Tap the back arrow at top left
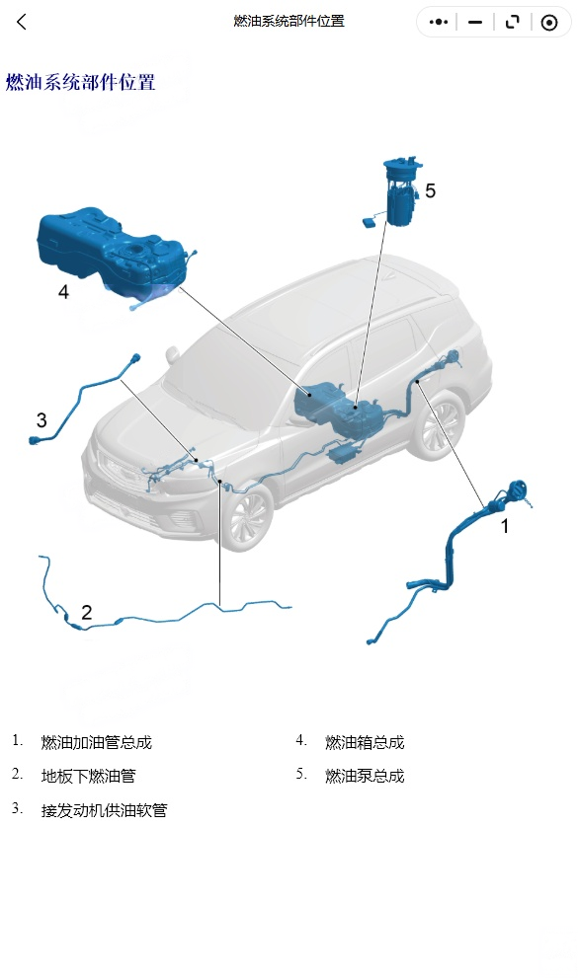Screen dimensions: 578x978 (x=21, y=23)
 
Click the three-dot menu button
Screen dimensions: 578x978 (x=439, y=23)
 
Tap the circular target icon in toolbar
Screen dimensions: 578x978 (x=548, y=23)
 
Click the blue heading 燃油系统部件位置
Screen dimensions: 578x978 (x=80, y=82)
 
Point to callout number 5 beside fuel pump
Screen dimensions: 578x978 (x=430, y=190)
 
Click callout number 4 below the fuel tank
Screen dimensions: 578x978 (x=63, y=291)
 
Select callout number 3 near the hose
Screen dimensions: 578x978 (x=41, y=419)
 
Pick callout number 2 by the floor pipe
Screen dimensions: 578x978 (x=87, y=612)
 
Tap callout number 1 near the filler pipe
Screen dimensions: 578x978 (x=505, y=526)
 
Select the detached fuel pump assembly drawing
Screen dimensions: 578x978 (x=397, y=192)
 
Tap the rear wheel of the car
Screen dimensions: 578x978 (x=441, y=424)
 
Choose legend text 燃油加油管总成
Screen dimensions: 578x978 (x=97, y=742)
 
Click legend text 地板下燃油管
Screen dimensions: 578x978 (x=89, y=776)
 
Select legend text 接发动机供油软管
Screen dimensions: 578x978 (x=105, y=810)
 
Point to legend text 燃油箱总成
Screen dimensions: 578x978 (x=365, y=742)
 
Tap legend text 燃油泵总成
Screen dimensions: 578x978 (x=365, y=776)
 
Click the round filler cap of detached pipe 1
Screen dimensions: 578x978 (x=518, y=490)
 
